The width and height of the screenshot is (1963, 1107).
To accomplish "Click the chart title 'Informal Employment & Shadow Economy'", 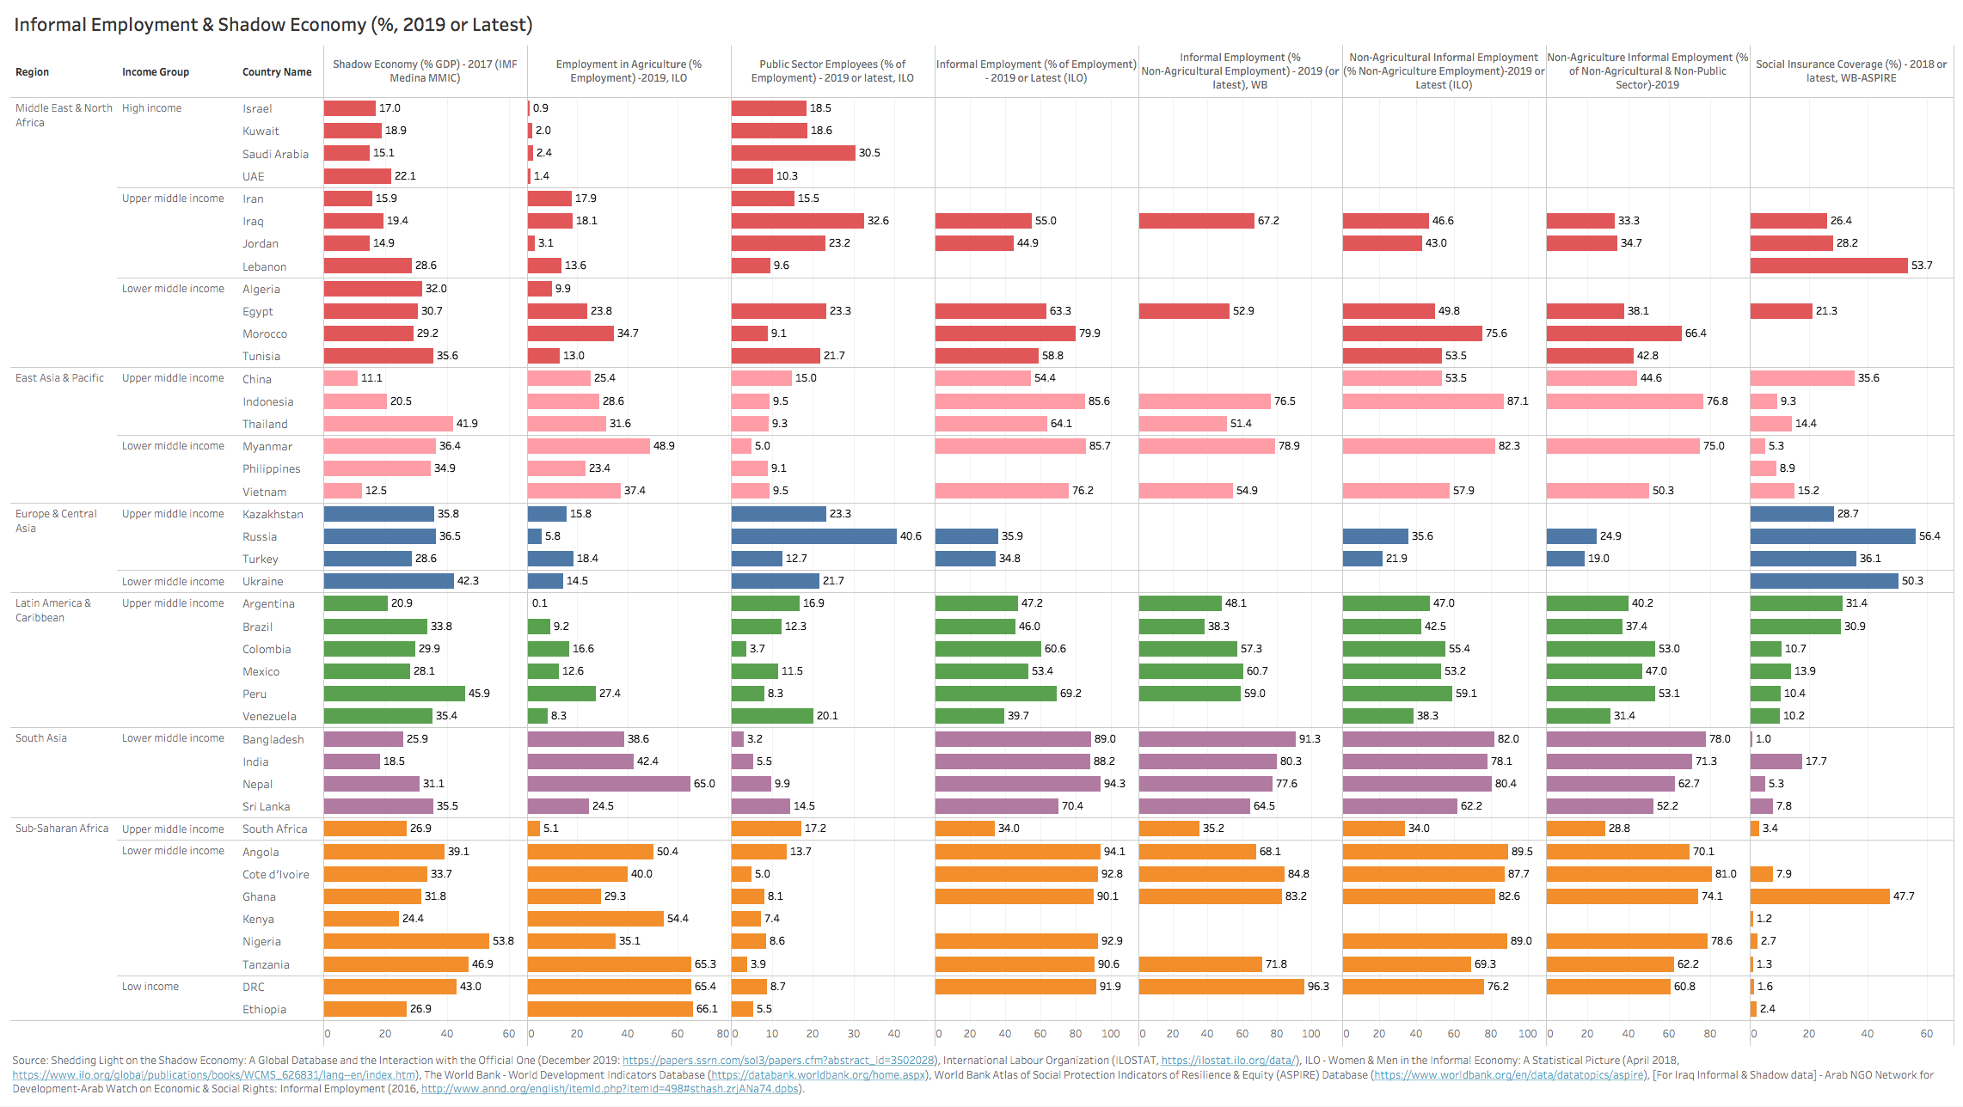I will [x=273, y=25].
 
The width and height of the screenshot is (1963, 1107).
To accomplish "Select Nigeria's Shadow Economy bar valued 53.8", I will [x=407, y=941].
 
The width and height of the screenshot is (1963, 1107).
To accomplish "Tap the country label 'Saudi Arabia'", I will [x=275, y=154].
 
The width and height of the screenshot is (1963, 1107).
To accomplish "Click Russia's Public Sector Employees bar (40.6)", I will [x=813, y=536].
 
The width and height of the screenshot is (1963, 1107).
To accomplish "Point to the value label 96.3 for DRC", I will [x=1318, y=987].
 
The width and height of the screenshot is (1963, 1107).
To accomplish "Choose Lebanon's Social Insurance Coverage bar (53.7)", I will [x=1829, y=266].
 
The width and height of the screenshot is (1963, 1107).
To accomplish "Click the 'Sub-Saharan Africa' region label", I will [x=62, y=829].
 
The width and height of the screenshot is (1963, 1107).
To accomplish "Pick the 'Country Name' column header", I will [x=277, y=72].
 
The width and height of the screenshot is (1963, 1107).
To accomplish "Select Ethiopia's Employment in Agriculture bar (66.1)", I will [x=610, y=1009].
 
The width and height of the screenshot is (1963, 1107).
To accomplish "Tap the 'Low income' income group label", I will [x=150, y=987].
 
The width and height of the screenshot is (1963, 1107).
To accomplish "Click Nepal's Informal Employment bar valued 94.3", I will [x=1018, y=784].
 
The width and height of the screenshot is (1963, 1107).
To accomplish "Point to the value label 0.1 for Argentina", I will [x=539, y=603].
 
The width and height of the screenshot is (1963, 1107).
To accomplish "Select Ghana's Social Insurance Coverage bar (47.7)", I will [x=1819, y=896].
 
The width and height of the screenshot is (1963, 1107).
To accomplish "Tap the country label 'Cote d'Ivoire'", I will [x=276, y=875].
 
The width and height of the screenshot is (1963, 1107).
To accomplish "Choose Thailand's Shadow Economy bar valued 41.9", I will [x=389, y=424].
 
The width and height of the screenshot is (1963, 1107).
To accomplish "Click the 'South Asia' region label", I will [x=41, y=738].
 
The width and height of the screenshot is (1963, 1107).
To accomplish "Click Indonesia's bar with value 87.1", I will [x=1423, y=401].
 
